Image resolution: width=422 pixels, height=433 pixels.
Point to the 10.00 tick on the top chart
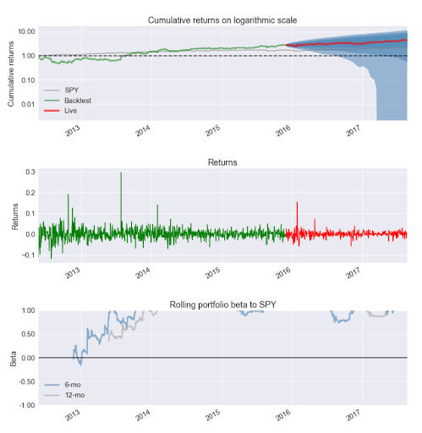tap(25, 31)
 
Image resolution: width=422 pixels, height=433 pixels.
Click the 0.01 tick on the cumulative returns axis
tap(27, 105)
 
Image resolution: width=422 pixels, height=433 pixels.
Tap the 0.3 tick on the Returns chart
tap(30, 172)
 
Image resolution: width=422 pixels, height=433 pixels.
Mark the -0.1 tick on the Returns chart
tap(28, 255)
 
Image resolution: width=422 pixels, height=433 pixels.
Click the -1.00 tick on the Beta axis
tap(25, 405)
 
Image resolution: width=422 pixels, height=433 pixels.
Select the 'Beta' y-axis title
tap(11, 358)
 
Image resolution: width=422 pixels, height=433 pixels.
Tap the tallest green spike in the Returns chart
tap(121, 174)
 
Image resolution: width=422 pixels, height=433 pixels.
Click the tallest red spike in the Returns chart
tap(297, 204)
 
